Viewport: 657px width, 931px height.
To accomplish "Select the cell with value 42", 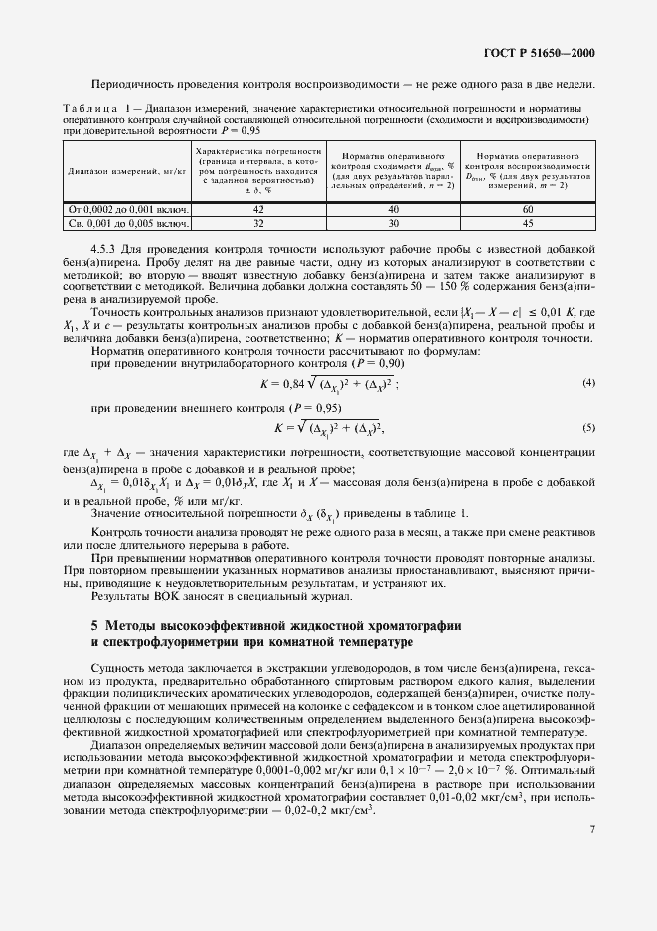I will pos(257,210).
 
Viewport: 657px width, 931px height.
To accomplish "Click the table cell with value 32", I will pos(257,224).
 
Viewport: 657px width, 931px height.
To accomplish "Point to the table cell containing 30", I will pos(393,224).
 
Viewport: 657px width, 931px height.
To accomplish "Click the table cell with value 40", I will pos(393,210).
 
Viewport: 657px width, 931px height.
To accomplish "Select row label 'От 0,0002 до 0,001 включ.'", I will pos(128,210).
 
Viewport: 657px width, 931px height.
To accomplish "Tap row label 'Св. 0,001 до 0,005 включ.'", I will pos(128,224).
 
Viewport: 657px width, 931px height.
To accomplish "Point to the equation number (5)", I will pos(588,428).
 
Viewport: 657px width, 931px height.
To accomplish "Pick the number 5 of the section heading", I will pos(94,626).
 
